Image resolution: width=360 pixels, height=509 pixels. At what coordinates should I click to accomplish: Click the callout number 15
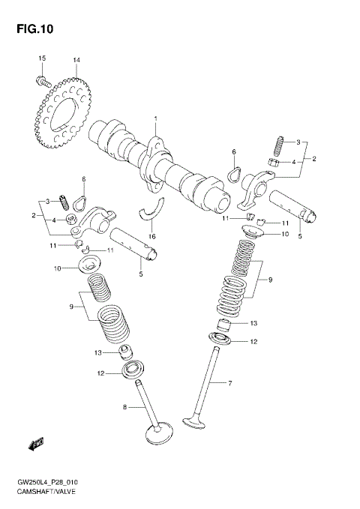pos(42,59)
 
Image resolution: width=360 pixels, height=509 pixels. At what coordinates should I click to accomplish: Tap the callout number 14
pos(76,60)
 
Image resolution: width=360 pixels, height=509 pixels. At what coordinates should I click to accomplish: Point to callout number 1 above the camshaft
pos(156,119)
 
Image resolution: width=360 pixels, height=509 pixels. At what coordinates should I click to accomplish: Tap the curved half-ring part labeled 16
pos(155,209)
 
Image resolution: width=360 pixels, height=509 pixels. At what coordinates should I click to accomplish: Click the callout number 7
pos(230,384)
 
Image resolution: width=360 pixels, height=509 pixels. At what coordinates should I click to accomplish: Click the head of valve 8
pos(159,436)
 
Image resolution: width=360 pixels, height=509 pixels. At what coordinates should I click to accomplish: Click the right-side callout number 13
pos(253,324)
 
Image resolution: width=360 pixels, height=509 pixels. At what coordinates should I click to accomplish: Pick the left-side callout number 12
pos(100,373)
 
